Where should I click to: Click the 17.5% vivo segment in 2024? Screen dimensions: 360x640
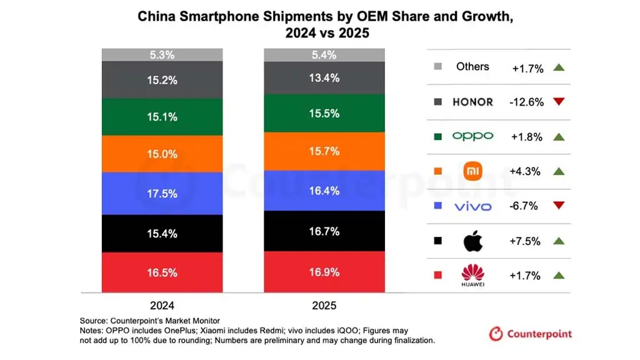(x=162, y=194)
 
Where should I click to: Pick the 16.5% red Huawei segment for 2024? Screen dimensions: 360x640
(x=162, y=272)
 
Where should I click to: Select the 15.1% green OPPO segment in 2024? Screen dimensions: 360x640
(x=162, y=117)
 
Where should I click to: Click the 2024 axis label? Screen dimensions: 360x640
(x=162, y=306)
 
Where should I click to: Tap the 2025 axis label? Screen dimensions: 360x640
(x=325, y=306)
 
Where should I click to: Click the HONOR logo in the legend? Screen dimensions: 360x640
(x=472, y=102)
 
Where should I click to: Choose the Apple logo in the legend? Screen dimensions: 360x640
(x=472, y=241)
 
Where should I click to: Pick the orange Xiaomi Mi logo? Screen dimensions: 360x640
(x=472, y=171)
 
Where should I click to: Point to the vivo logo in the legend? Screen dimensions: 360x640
(x=472, y=206)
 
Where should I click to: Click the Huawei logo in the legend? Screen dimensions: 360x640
(x=472, y=276)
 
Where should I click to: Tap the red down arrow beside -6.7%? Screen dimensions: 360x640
(x=559, y=206)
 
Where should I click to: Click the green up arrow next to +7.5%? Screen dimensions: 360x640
(x=559, y=241)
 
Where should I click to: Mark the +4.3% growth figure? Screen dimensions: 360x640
(x=526, y=171)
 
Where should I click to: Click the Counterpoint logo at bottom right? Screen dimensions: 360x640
(x=531, y=334)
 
